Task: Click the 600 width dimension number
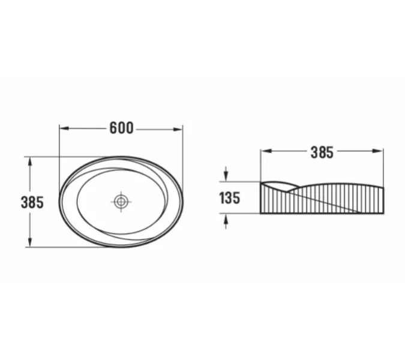[121, 128]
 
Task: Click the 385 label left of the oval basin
[32, 202]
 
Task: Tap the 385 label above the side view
[322, 152]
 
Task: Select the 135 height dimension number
[230, 198]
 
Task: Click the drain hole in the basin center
[121, 202]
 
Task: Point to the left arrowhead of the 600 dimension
[64, 128]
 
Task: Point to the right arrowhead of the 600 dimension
[178, 130]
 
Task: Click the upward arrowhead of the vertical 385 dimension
[30, 162]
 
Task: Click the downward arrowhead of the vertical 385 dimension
[30, 242]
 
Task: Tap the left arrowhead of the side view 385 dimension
[265, 151]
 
